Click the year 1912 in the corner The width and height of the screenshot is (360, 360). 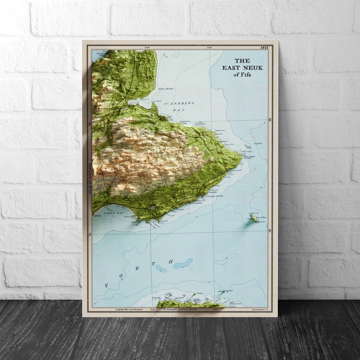pyautogui.click(x=264, y=48)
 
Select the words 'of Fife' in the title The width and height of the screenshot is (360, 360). pyautogui.click(x=242, y=75)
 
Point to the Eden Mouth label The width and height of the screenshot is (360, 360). pyautogui.click(x=166, y=89)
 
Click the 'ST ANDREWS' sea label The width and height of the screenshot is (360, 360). pyautogui.click(x=179, y=103)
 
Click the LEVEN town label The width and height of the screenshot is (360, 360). pyautogui.click(x=97, y=216)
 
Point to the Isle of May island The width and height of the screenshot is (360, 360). pyautogui.click(x=254, y=218)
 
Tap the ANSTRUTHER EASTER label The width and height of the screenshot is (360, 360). pyautogui.click(x=214, y=196)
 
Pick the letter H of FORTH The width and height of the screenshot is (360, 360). pyautogui.click(x=170, y=262)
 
